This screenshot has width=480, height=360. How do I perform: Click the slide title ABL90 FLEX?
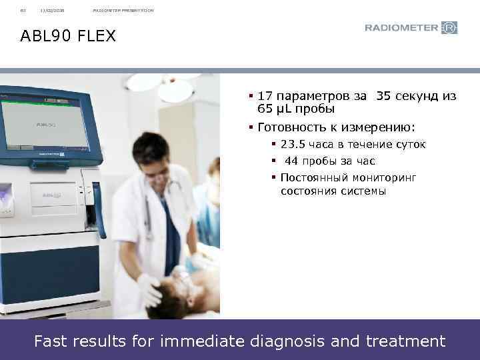pyautogui.click(x=68, y=35)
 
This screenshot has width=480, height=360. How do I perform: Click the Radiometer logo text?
pyautogui.click(x=402, y=28)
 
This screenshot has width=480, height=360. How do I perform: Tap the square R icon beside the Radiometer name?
pyautogui.click(x=450, y=28)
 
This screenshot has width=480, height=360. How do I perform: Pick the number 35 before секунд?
pyautogui.click(x=384, y=96)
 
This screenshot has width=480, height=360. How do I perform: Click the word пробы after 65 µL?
pyautogui.click(x=313, y=109)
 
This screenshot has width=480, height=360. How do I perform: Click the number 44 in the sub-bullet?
pyautogui.click(x=291, y=161)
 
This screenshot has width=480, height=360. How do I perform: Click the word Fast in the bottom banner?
pyautogui.click(x=51, y=341)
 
